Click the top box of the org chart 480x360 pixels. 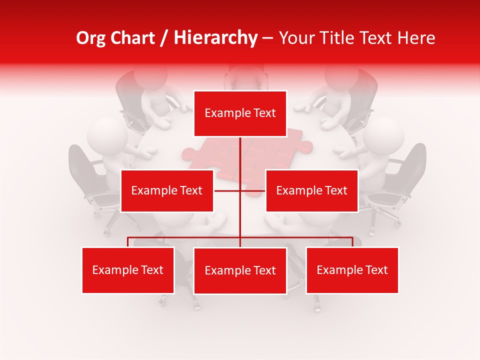tap(240, 113)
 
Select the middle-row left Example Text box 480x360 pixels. tap(167, 190)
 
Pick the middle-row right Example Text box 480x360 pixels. tap(311, 190)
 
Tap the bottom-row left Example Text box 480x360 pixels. tap(128, 270)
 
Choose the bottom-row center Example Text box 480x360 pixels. tap(240, 270)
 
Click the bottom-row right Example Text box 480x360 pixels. tap(352, 270)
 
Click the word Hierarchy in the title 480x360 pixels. tap(215, 38)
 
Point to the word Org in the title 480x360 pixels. tap(90, 38)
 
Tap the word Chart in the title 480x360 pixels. tap(134, 38)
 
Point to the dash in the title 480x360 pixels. tap(267, 38)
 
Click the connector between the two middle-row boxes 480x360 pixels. tap(239, 190)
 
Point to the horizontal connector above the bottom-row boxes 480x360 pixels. tap(185, 237)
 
